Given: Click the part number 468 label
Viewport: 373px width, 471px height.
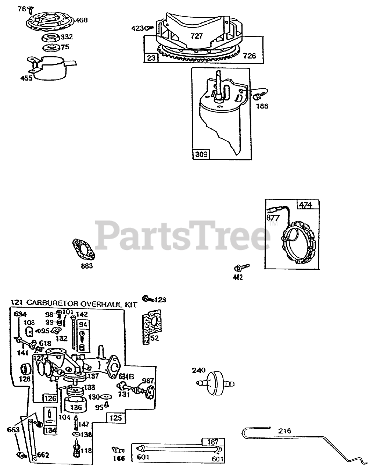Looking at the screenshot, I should [82, 20].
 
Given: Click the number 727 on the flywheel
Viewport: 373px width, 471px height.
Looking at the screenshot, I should [197, 36].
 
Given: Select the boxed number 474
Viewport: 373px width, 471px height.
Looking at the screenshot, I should [305, 205].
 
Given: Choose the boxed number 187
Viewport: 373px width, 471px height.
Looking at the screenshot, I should [213, 442].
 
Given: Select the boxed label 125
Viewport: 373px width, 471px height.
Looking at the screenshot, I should [115, 418].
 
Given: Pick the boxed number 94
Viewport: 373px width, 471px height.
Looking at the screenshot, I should [83, 325].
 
